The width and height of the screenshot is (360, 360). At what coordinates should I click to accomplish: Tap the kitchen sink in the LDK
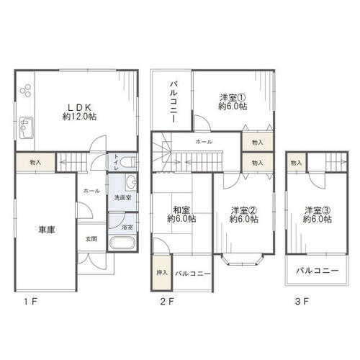(26, 127)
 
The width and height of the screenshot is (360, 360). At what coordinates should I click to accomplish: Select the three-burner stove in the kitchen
(26, 91)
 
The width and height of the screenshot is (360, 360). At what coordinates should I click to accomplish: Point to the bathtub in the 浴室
(122, 243)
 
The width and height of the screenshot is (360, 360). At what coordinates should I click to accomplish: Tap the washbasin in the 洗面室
(131, 183)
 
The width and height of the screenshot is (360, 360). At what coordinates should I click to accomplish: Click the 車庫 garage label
(47, 230)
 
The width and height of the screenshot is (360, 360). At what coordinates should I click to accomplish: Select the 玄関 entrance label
(91, 239)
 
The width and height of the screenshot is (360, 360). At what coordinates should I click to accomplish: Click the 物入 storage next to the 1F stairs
(35, 163)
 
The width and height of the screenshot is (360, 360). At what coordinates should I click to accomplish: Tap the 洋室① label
(233, 98)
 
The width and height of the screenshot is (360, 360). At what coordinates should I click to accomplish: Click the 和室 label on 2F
(181, 210)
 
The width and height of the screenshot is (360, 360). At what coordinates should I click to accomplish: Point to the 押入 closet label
(162, 273)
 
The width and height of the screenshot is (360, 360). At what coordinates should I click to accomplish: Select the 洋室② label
(244, 210)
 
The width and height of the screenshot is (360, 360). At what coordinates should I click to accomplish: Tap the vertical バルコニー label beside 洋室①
(174, 102)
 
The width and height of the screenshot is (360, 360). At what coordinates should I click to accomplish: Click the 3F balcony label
(318, 271)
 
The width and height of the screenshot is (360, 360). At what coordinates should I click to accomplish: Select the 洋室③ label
(318, 210)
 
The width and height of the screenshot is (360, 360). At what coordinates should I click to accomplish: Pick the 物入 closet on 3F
(296, 163)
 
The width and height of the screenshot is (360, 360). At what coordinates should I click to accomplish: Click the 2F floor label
(167, 302)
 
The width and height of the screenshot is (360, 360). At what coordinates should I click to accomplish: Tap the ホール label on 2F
(204, 142)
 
